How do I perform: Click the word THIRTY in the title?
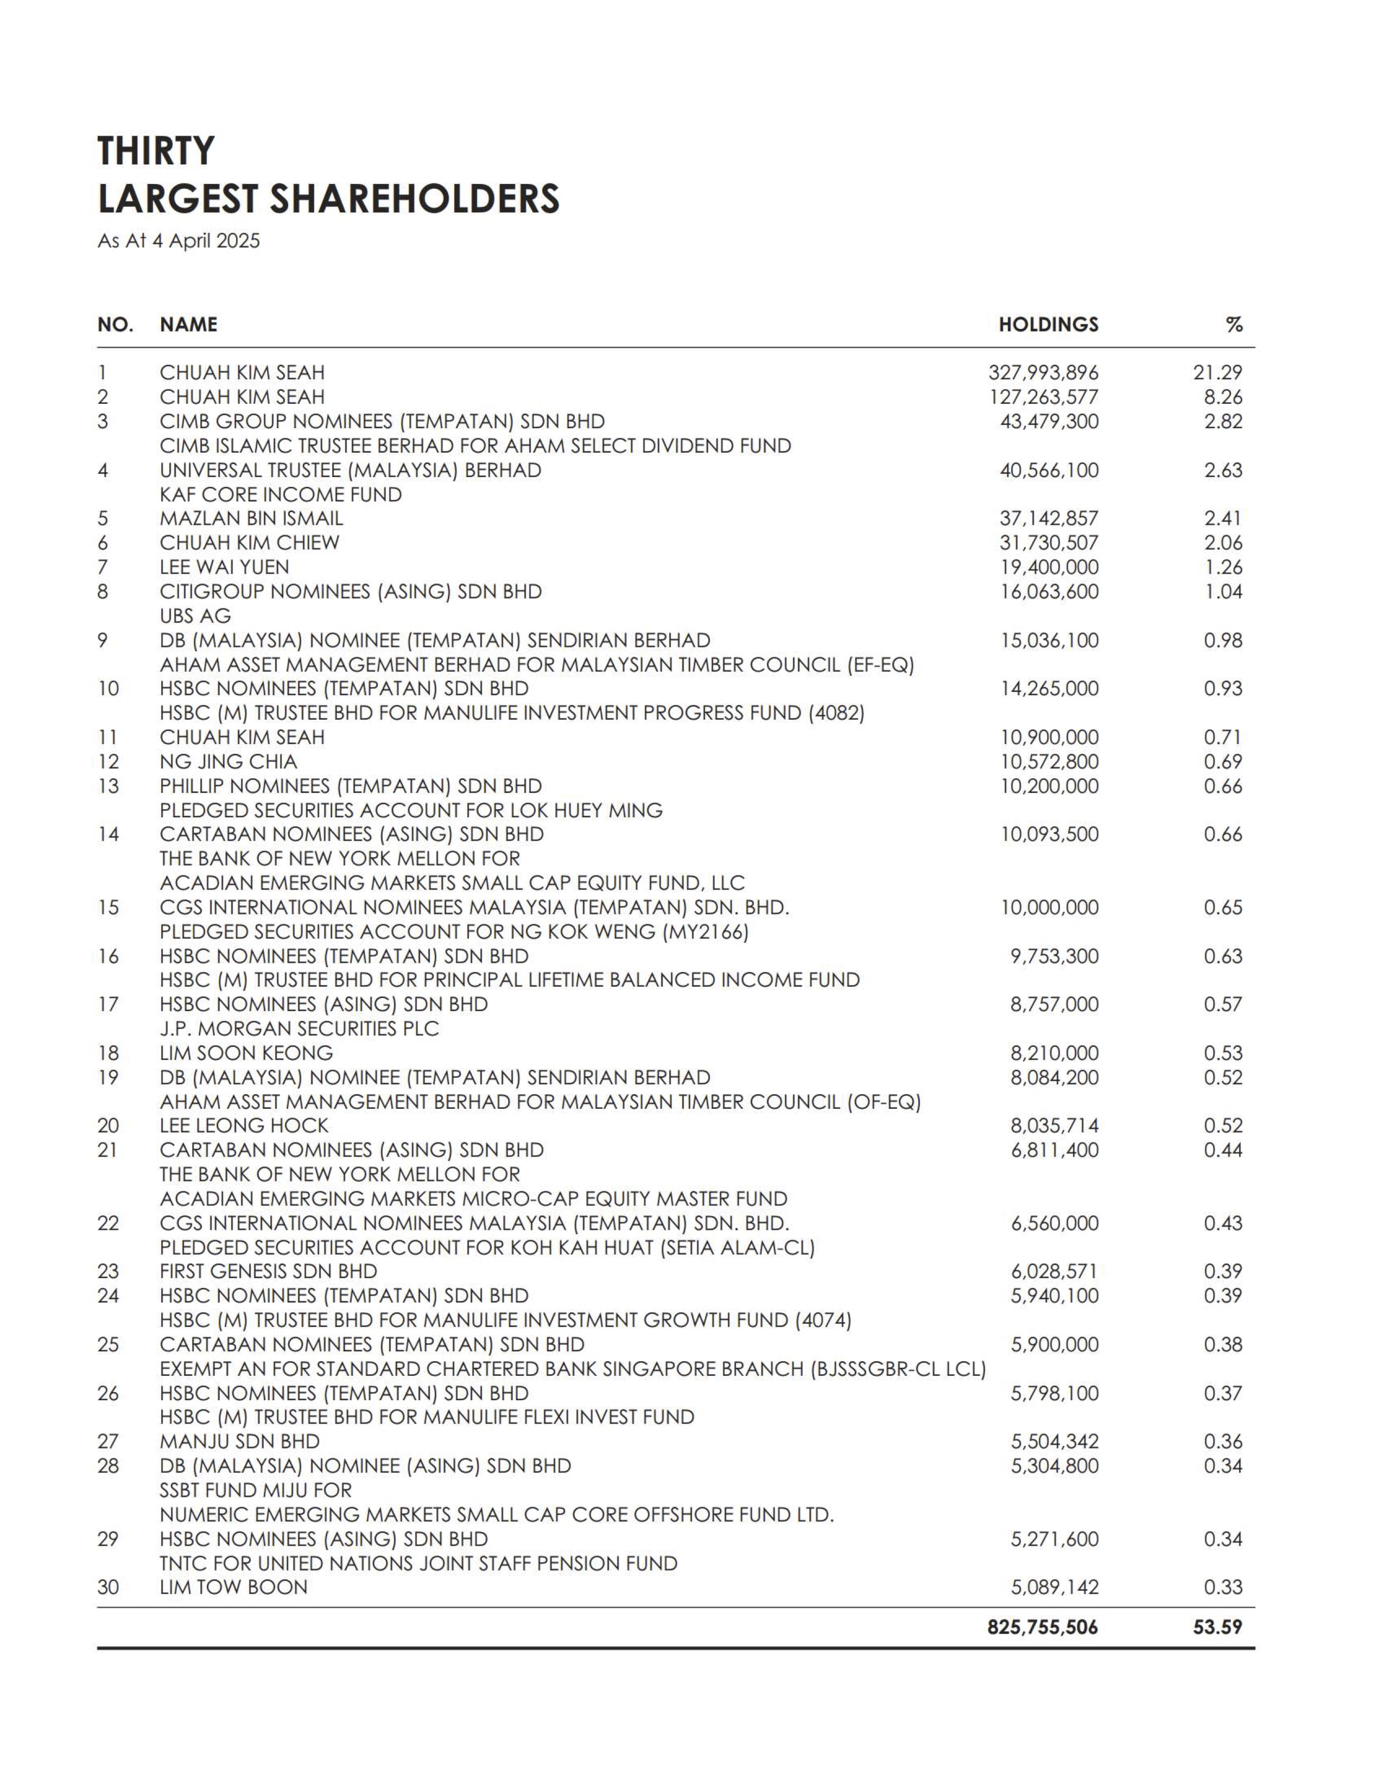[156, 151]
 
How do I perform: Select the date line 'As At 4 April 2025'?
[178, 241]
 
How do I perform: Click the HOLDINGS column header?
[1048, 325]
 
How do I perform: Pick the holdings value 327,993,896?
[1043, 372]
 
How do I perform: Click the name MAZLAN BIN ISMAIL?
[251, 518]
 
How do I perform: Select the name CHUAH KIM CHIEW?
[249, 543]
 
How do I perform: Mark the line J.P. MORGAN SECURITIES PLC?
[299, 1028]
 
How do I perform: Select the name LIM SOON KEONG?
[246, 1053]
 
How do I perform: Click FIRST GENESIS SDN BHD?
[268, 1271]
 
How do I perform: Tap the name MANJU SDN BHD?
[239, 1441]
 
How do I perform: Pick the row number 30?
[108, 1587]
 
